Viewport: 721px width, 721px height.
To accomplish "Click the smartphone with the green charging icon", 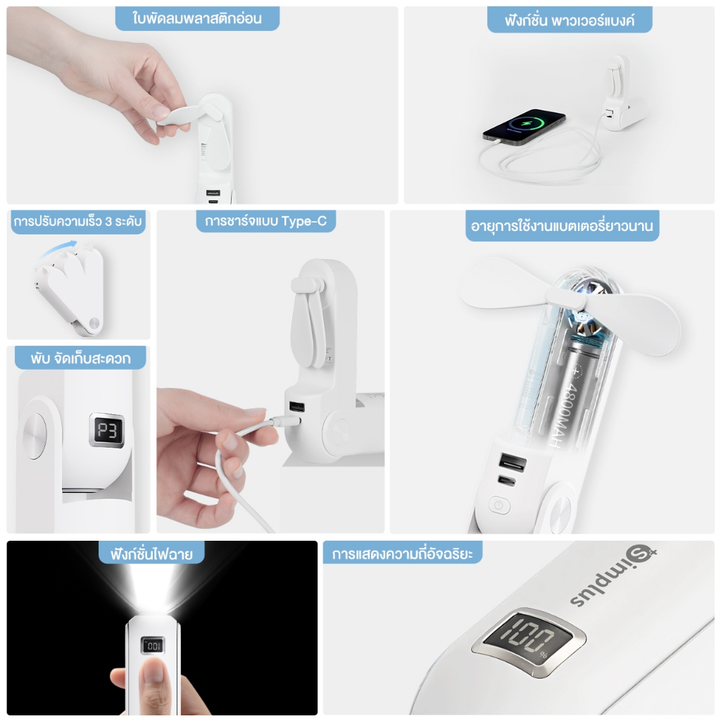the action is (524, 127).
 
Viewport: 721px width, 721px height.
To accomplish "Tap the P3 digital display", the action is (107, 430).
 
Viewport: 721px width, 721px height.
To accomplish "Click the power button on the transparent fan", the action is (500, 506).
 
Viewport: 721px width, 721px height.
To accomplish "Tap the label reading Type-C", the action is (304, 221).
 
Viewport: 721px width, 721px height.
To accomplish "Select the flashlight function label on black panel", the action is (151, 553).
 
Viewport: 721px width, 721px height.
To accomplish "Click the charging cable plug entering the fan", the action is (287, 420).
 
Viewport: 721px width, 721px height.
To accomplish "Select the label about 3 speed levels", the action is (77, 222).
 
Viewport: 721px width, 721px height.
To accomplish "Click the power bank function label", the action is (569, 20).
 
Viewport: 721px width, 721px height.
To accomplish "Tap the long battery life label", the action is (562, 226).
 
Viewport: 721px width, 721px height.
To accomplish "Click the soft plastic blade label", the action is (197, 18).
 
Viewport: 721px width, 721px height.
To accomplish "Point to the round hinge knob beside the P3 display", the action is (35, 435).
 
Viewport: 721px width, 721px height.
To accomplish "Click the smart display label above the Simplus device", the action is (402, 553).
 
